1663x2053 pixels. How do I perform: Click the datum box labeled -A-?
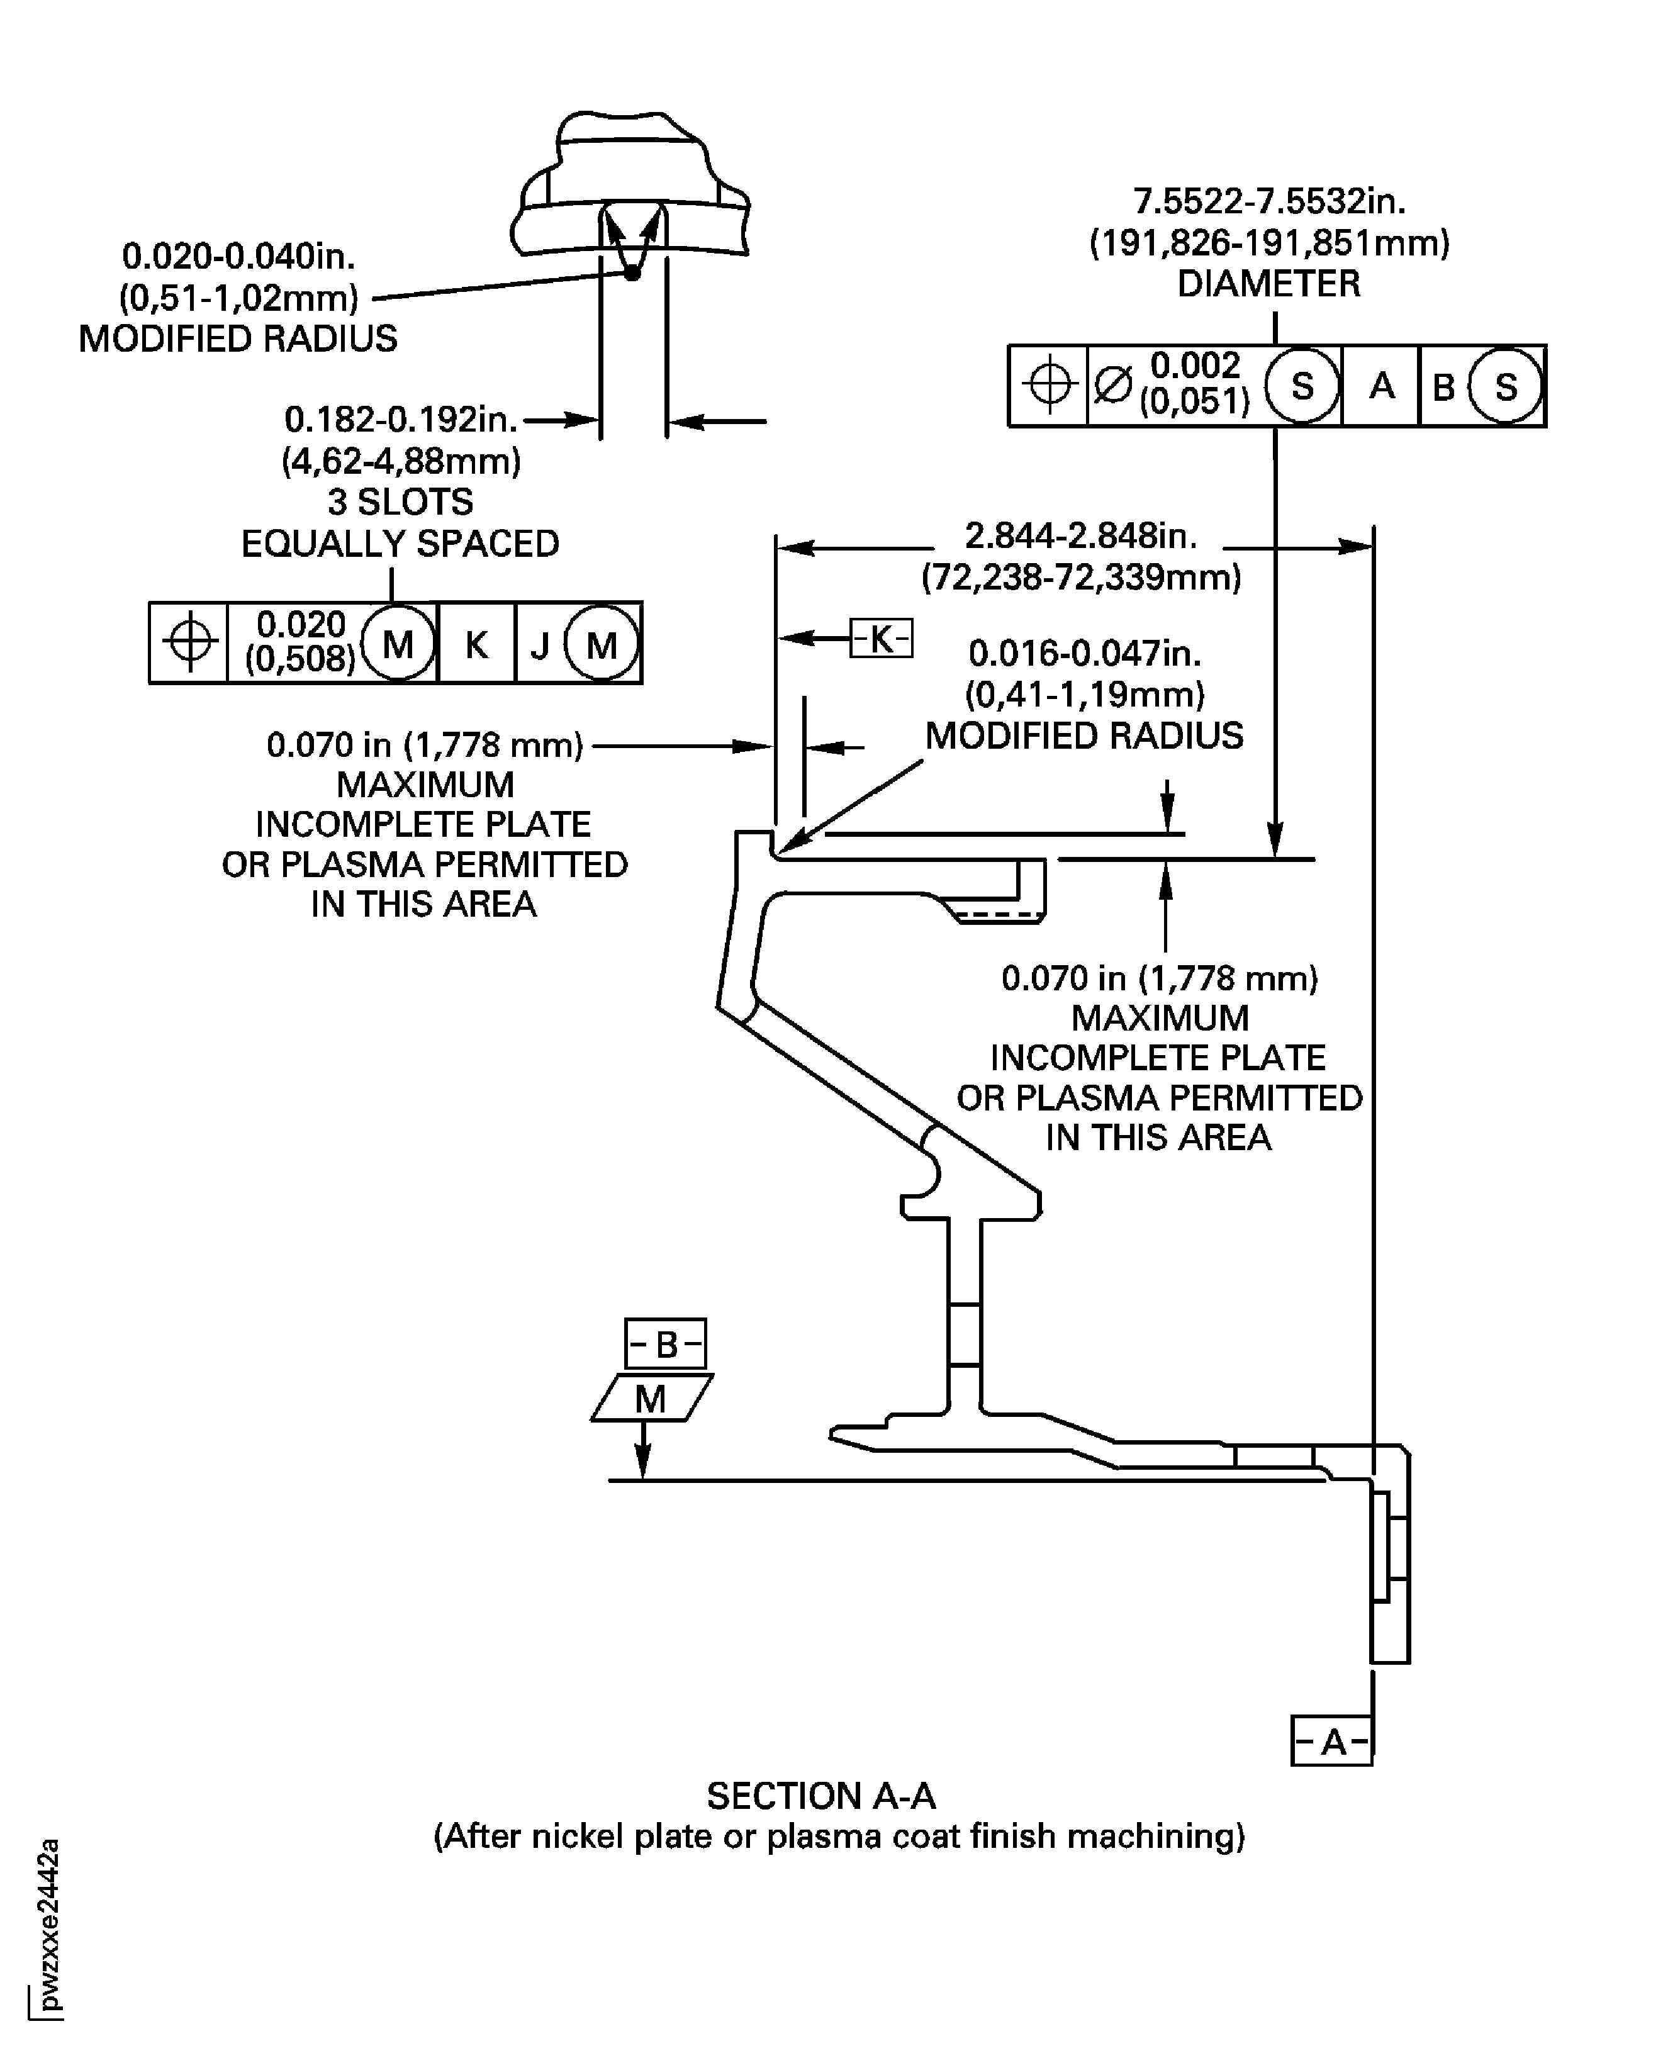1331,1741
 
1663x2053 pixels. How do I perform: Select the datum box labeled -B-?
666,1344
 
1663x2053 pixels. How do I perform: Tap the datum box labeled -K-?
882,638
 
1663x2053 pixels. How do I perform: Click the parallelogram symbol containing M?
651,1399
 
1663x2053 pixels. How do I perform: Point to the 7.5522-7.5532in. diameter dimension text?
1269,202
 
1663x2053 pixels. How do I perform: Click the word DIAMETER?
1268,284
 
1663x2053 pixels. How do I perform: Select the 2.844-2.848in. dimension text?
1080,535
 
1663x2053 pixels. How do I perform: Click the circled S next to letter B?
1506,387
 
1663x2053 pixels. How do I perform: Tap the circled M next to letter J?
602,646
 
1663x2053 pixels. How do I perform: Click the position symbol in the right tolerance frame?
1049,385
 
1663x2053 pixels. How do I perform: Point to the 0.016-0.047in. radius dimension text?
1084,653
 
